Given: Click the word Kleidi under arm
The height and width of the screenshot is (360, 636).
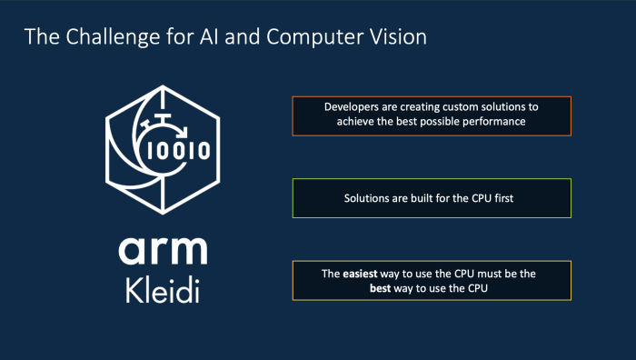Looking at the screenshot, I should point(162,293).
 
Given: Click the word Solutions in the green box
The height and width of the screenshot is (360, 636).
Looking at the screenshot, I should point(368,197).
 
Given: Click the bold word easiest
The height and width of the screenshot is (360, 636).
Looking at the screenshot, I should point(363,273).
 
